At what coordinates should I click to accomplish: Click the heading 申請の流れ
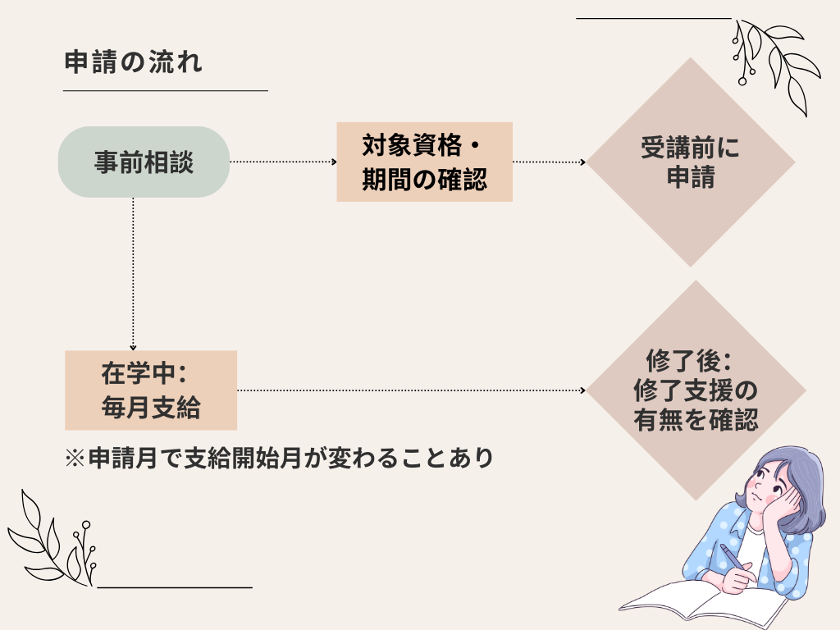132,64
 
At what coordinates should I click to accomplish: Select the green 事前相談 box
143,162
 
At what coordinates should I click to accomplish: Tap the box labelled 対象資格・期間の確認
424,162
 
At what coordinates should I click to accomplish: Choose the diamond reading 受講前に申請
690,162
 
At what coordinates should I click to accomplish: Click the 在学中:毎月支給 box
151,390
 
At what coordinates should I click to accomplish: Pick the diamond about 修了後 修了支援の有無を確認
696,391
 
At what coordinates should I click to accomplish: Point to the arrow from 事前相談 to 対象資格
283,162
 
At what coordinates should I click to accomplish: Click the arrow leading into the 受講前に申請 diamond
549,162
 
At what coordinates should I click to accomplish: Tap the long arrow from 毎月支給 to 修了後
410,391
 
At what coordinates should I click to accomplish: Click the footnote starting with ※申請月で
278,457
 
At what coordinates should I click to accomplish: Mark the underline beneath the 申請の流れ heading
166,90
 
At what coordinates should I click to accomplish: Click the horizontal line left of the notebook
175,587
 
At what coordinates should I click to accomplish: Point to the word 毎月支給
151,408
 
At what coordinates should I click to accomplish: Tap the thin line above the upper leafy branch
653,18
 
